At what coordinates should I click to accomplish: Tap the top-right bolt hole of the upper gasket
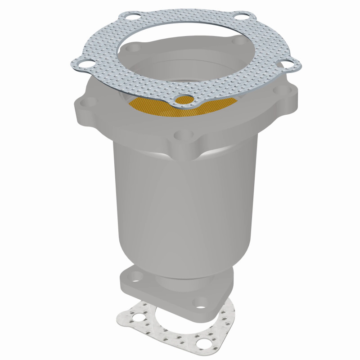241,19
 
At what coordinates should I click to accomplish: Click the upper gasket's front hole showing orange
184,99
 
